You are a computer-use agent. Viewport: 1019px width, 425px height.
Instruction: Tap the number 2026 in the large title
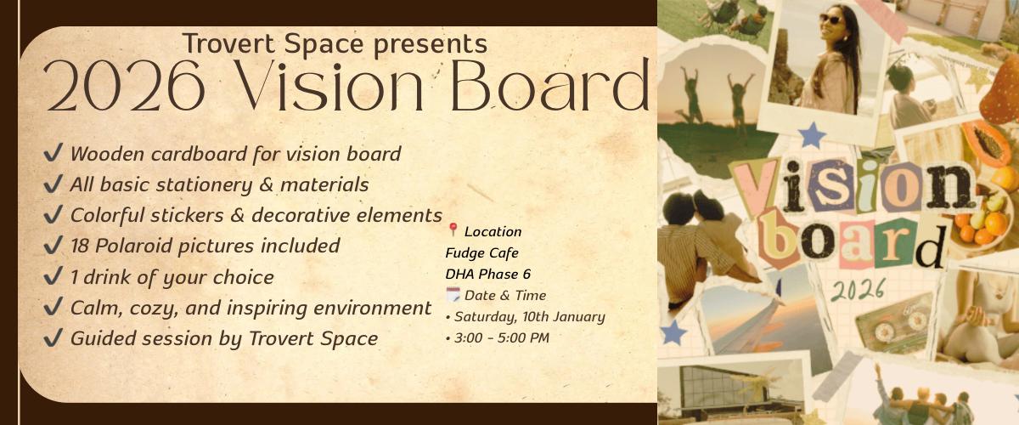[124, 86]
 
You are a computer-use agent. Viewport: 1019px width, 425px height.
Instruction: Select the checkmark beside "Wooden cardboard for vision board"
[53, 153]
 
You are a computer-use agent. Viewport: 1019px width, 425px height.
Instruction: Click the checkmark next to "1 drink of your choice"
[53, 276]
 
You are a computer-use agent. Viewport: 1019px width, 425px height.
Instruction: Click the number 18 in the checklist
[81, 246]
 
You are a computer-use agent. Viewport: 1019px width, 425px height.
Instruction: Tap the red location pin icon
[453, 229]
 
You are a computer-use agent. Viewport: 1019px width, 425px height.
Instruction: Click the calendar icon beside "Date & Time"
[453, 295]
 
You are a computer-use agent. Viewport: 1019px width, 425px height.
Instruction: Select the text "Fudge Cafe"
[481, 252]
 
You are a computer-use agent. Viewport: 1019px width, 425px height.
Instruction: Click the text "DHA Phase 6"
[487, 275]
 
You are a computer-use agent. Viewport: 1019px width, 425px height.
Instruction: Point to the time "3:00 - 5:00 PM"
[502, 338]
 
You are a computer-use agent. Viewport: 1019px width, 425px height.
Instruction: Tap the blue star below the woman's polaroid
[812, 135]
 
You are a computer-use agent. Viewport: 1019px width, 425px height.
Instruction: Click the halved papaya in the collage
[986, 143]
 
